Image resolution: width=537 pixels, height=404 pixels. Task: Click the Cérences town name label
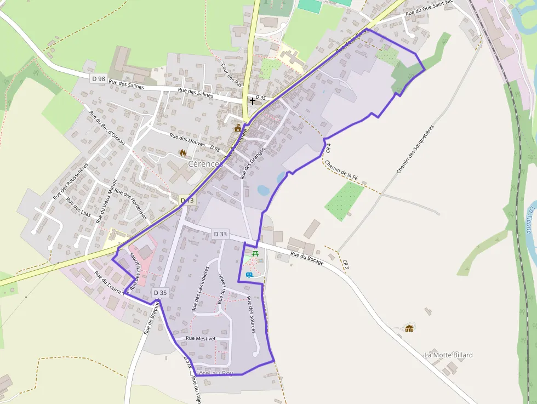tap(205, 163)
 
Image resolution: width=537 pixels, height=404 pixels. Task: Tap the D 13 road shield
tap(187, 201)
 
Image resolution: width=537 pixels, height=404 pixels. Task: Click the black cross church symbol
tap(252, 101)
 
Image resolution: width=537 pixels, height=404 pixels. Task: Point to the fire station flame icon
tap(182, 153)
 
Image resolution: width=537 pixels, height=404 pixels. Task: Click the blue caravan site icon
tap(249, 274)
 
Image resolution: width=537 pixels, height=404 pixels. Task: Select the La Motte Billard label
tap(448, 355)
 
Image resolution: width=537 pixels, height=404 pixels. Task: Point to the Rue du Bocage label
tap(307, 258)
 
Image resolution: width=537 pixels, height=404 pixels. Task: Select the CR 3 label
tap(345, 264)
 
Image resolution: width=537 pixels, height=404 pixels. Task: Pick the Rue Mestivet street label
tap(201, 339)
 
